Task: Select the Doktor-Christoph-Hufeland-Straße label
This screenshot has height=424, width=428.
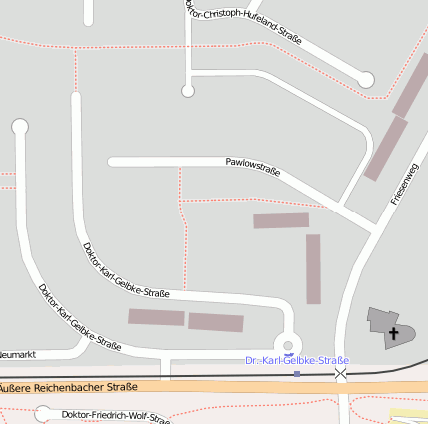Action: [243, 22]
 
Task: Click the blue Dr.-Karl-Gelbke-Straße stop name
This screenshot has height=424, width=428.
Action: [297, 360]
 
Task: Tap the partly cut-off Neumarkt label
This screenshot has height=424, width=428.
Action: [17, 353]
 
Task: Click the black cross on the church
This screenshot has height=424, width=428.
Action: [394, 333]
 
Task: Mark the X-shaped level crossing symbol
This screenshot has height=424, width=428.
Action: [341, 373]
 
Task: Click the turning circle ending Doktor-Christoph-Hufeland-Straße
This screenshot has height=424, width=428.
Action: [365, 79]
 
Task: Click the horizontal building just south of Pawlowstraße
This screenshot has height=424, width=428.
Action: [281, 220]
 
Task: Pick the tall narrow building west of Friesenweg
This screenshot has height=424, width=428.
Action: [313, 268]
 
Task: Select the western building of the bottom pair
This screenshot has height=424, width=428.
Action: [156, 317]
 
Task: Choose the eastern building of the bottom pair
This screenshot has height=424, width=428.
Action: [215, 322]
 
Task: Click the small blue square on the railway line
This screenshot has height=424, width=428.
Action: [296, 374]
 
